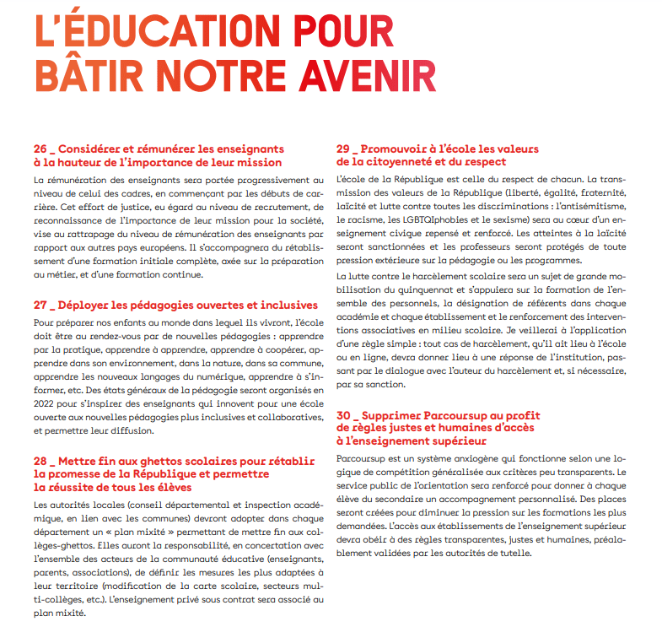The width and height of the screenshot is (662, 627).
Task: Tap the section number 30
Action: [344, 415]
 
